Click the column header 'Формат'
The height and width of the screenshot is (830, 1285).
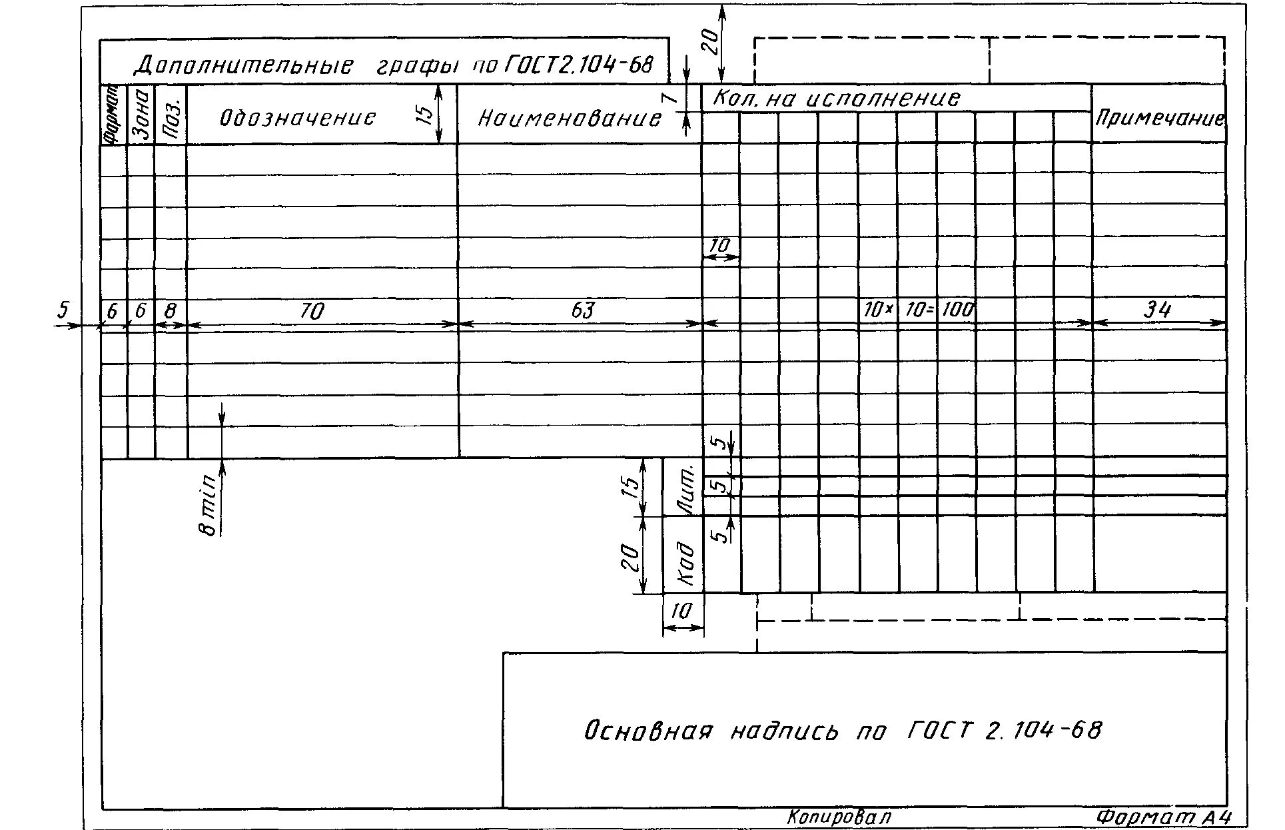tap(113, 115)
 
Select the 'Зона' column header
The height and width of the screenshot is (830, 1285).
tap(141, 115)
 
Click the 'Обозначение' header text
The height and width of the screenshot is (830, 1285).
tap(298, 119)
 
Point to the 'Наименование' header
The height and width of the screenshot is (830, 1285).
tap(570, 119)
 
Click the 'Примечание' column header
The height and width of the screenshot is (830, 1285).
tap(1159, 119)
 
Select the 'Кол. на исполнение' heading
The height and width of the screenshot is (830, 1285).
tap(837, 99)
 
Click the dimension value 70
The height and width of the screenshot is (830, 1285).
tap(312, 311)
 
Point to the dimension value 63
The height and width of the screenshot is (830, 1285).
tap(582, 310)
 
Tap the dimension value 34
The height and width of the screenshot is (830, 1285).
tap(1157, 310)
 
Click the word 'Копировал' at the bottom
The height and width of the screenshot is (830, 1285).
tap(839, 817)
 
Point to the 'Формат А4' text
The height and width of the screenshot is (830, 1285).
tap(1163, 817)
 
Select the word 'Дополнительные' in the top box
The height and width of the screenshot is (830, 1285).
tap(244, 65)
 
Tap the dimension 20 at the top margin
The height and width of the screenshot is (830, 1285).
tap(710, 42)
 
